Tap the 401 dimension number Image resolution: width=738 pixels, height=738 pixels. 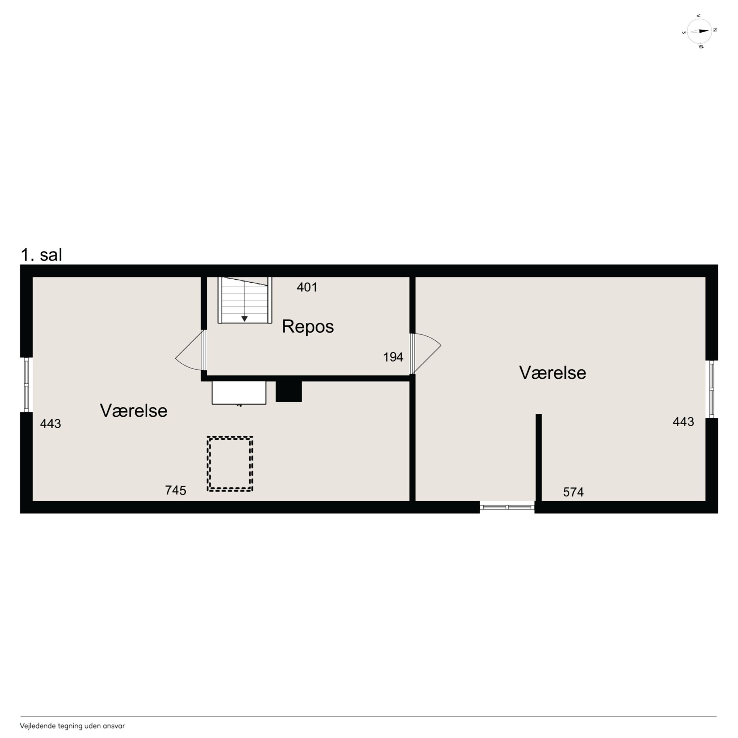tap(307, 287)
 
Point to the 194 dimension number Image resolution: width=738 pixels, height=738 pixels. tap(393, 357)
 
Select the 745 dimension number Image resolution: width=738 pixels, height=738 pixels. tap(175, 490)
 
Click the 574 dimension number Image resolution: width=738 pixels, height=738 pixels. tap(573, 492)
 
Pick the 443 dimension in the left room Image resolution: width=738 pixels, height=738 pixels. tap(51, 423)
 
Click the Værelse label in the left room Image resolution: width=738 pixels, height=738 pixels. tap(134, 411)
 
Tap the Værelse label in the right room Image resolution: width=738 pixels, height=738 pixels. tap(552, 373)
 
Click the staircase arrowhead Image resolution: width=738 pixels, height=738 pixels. tap(244, 318)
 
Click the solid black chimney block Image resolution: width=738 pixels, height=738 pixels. tap(289, 391)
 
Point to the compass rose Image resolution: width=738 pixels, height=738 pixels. tap(699, 31)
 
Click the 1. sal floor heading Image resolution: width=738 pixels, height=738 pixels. tap(41, 255)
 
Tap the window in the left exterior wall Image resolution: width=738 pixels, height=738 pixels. tap(26, 385)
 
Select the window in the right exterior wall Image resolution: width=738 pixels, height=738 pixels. tap(712, 389)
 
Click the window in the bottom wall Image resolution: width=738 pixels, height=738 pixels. tap(507, 507)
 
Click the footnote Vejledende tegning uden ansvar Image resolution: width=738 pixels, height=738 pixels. tap(72, 726)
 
